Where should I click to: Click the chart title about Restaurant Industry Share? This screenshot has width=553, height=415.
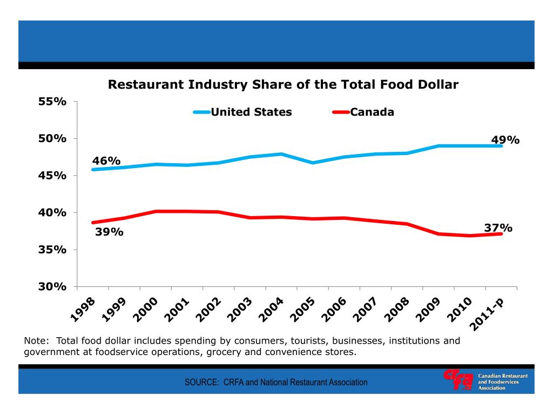tap(283, 85)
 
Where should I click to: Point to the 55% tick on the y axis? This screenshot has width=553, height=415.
tap(52, 102)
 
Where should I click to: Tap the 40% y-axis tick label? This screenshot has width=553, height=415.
tap(52, 212)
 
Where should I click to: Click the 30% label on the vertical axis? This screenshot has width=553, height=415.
tap(52, 286)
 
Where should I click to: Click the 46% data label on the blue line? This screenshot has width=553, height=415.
tap(106, 161)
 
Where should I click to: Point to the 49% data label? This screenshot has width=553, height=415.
tap(505, 140)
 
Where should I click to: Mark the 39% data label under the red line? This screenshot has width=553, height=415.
tap(109, 232)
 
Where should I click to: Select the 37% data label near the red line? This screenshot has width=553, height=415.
tap(498, 228)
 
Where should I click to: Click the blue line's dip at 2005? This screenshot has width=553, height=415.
tap(313, 163)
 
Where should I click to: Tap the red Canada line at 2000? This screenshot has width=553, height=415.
tap(156, 211)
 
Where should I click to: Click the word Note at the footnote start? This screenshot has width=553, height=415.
tap(36, 341)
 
